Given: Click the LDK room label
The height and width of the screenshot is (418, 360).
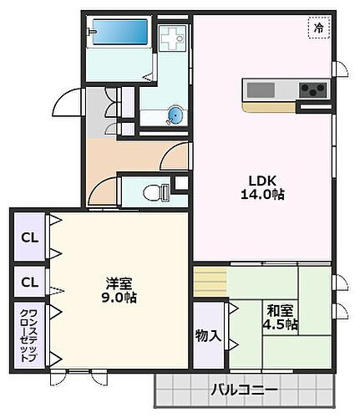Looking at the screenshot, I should coord(257,178).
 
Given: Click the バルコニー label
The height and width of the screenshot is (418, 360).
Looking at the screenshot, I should coord(243,390).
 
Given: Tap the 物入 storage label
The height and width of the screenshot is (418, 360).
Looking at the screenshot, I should coord(209,336).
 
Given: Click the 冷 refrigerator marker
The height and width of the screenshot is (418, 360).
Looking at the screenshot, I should coord(317,28).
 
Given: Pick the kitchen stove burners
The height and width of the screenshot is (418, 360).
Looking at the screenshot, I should coord(313,89).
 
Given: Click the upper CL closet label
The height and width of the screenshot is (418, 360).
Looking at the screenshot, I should coord(28,238).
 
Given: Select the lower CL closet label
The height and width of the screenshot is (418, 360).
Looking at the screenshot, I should coord(28,281).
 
